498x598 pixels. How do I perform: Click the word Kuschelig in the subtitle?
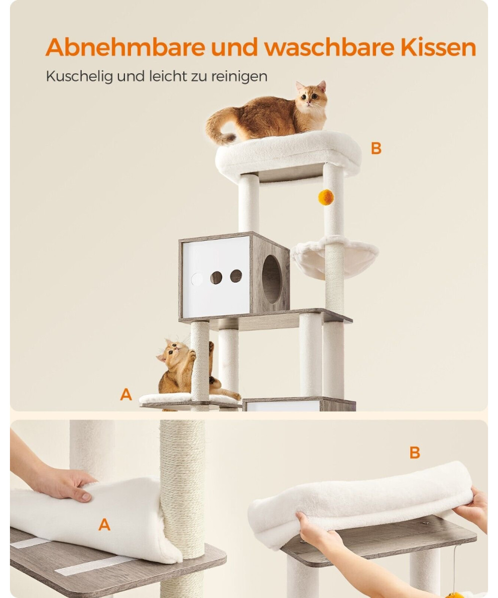79,77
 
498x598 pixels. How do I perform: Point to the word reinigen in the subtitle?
239,77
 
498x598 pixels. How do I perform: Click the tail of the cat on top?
219,129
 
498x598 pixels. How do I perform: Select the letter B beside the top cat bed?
376,149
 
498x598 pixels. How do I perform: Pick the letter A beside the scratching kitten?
126,395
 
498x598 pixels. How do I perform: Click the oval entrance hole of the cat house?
272,279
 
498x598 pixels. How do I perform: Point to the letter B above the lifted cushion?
415,452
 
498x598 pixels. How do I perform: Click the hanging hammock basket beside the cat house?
334,258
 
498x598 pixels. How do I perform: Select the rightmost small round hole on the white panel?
236,276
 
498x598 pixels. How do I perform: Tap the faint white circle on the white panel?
197,279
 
